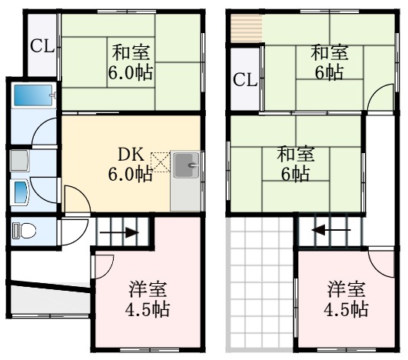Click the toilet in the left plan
click(x=25, y=229)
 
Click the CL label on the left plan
click(x=42, y=45)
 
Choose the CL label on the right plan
click(x=244, y=79)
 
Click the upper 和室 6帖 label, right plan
click(x=329, y=63)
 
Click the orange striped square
click(x=245, y=30)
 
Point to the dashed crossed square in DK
click(x=161, y=160)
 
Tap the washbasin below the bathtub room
click(x=20, y=188)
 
